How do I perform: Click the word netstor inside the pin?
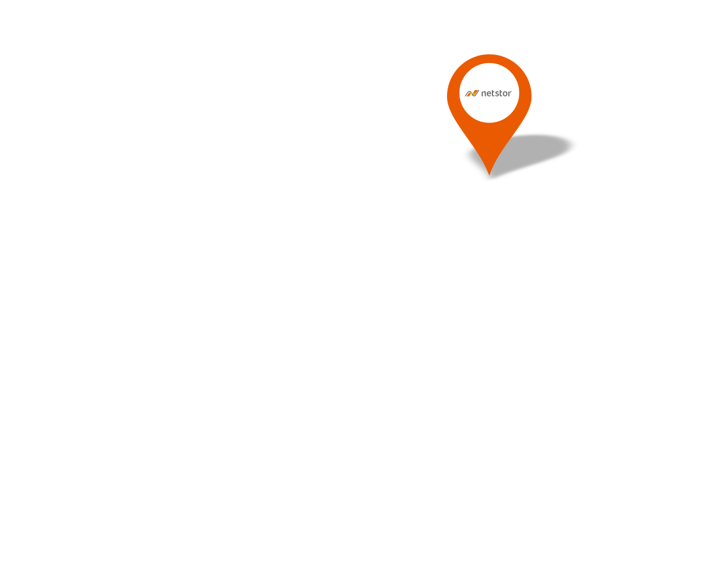click(x=496, y=93)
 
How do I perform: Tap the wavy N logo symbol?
click(x=472, y=93)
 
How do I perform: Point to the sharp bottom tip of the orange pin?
click(x=489, y=175)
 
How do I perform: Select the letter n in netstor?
click(x=483, y=94)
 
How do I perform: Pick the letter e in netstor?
click(x=489, y=94)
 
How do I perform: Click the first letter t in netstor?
click(x=494, y=93)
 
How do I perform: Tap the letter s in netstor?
click(x=498, y=94)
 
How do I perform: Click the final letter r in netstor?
click(x=510, y=94)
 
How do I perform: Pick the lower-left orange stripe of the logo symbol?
click(x=468, y=95)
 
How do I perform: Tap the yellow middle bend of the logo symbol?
click(x=473, y=93)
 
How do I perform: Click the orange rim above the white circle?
click(x=489, y=58)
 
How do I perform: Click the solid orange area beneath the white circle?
click(x=489, y=142)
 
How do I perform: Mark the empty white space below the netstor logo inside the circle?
click(x=489, y=110)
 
